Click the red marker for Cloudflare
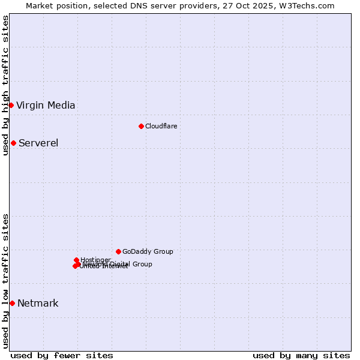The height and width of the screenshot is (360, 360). click(x=141, y=126)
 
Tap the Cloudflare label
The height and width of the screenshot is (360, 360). click(x=161, y=126)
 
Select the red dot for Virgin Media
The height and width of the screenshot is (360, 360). click(x=11, y=105)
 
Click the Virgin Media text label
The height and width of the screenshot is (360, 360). click(x=46, y=106)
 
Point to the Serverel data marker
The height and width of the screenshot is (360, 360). click(x=13, y=143)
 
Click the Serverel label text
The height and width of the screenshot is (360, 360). click(x=38, y=143)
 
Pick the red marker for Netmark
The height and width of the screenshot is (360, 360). click(x=12, y=303)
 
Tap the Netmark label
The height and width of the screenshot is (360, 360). click(x=38, y=303)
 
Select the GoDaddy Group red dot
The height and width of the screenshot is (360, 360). click(x=118, y=251)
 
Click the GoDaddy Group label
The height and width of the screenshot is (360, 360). click(x=148, y=251)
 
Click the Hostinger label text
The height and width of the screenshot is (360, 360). click(x=96, y=259)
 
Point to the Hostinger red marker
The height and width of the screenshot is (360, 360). click(x=76, y=260)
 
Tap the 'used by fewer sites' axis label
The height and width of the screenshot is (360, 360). click(x=62, y=355)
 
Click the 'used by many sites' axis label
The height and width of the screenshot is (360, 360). click(x=301, y=355)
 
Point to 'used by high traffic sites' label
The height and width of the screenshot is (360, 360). click(x=5, y=85)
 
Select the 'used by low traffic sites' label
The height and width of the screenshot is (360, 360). click(x=5, y=281)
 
